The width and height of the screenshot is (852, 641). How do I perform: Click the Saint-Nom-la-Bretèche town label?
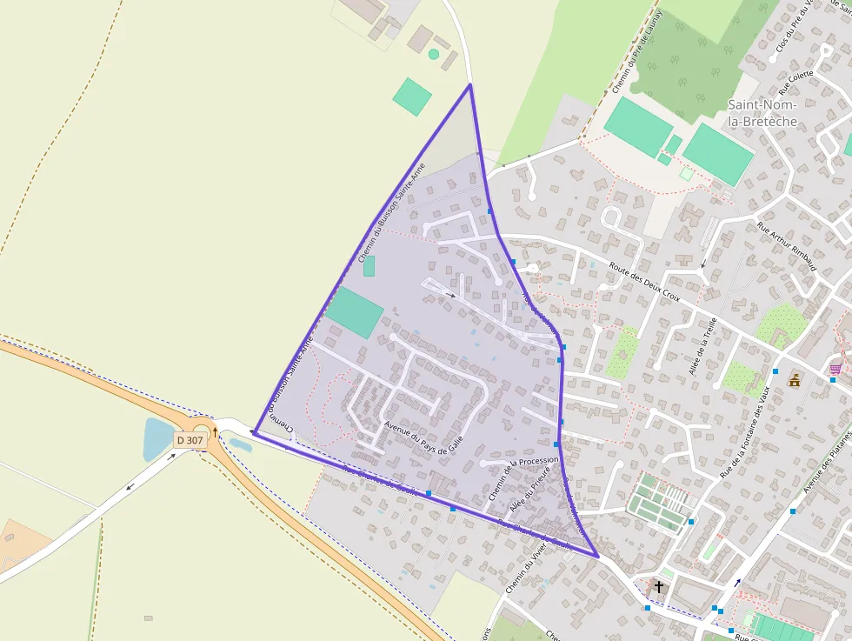(762, 113)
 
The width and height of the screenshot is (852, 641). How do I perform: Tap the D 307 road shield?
(190, 440)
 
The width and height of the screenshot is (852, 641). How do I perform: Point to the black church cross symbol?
(658, 587)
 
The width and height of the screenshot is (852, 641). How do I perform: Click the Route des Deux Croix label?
(644, 283)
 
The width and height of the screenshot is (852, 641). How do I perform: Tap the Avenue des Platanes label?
(827, 461)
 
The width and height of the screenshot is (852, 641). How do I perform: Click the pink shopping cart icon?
(835, 369)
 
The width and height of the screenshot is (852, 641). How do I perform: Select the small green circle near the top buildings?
(433, 54)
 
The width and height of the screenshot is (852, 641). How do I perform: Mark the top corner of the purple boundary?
(470, 84)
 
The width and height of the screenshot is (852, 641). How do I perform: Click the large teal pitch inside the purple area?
(355, 312)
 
